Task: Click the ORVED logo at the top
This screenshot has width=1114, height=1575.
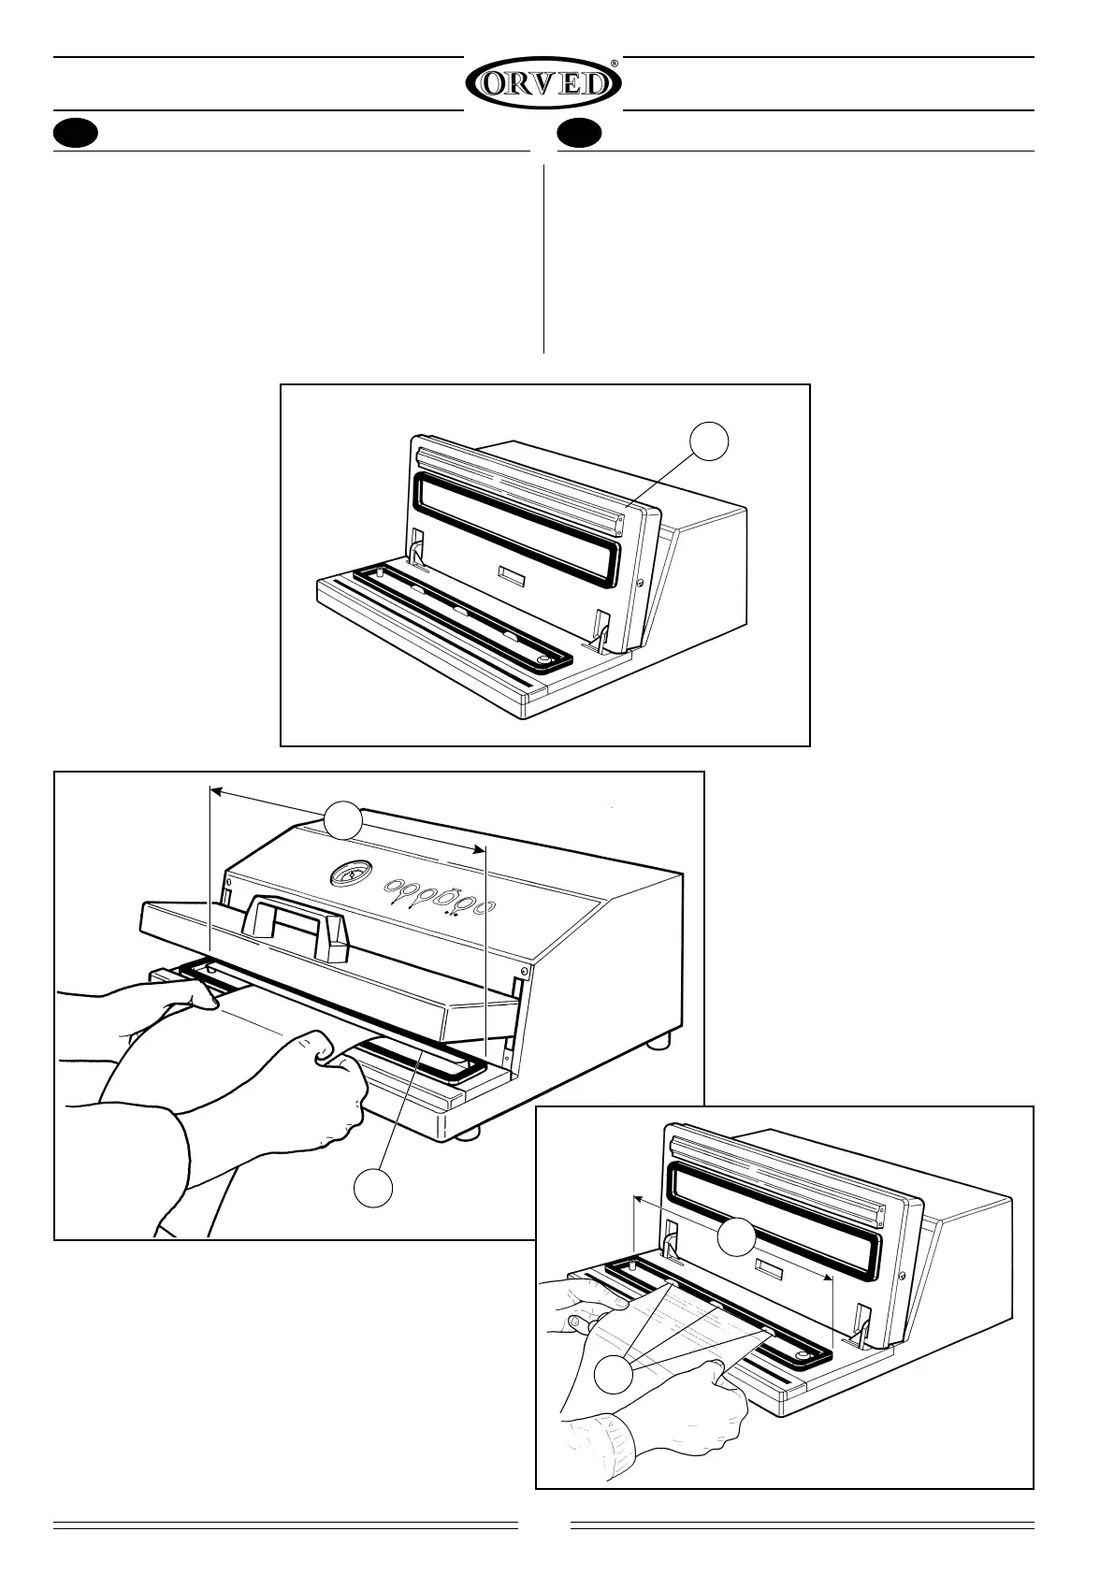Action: [543, 84]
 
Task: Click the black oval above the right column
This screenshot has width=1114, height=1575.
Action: [580, 135]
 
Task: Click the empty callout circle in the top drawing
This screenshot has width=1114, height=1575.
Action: [710, 441]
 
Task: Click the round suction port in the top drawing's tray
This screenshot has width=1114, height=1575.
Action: [543, 661]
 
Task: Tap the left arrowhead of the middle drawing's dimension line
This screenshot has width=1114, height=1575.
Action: [213, 791]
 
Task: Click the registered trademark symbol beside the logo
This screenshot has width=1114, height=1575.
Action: [615, 64]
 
